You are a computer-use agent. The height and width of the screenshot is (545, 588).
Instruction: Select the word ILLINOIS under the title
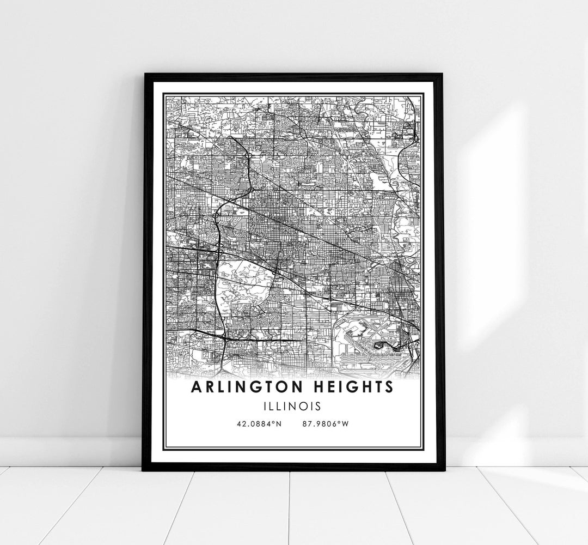(293, 406)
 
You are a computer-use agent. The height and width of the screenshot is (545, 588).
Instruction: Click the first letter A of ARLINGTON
(195, 387)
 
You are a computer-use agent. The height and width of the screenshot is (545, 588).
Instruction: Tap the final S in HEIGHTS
(388, 387)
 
